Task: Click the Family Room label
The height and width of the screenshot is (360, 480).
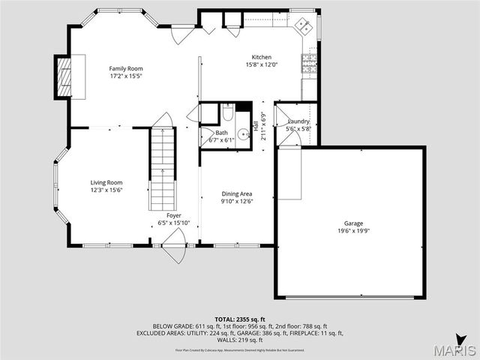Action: pyautogui.click(x=125, y=68)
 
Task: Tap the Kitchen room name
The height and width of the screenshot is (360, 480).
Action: pyautogui.click(x=261, y=58)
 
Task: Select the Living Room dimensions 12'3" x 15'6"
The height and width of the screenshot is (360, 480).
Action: pyautogui.click(x=106, y=190)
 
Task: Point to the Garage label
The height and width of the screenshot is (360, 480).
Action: pyautogui.click(x=353, y=223)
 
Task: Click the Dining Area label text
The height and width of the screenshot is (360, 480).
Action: pyautogui.click(x=236, y=193)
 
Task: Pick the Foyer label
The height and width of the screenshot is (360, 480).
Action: pyautogui.click(x=173, y=215)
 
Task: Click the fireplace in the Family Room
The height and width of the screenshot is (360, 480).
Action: pyautogui.click(x=63, y=76)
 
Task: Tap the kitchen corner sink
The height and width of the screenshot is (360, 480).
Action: pyautogui.click(x=304, y=26)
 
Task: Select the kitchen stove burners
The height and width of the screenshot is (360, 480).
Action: pyautogui.click(x=309, y=64)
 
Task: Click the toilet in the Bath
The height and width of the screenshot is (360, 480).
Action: pyautogui.click(x=226, y=113)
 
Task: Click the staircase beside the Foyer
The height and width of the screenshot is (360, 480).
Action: pyautogui.click(x=163, y=169)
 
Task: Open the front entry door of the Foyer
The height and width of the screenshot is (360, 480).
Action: pyautogui.click(x=174, y=243)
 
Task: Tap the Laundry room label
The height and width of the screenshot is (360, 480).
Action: pyautogui.click(x=298, y=121)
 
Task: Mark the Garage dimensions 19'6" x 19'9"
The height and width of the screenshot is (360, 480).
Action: pyautogui.click(x=353, y=232)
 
